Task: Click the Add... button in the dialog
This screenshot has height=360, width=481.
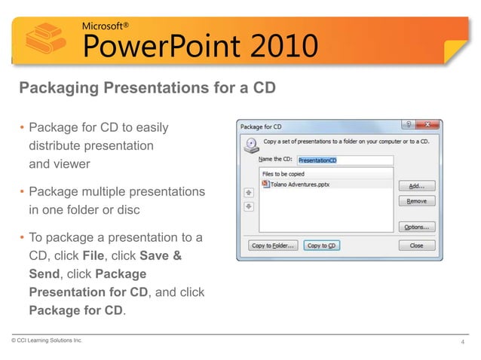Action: pos(416,186)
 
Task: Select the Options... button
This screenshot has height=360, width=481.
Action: pos(416,227)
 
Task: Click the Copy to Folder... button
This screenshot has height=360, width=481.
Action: pos(272,246)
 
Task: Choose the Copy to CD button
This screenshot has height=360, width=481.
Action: pos(321,246)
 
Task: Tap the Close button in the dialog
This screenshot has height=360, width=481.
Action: pos(416,246)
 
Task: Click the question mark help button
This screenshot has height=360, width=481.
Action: pos(407,126)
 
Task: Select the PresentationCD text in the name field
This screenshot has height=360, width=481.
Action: pos(318,160)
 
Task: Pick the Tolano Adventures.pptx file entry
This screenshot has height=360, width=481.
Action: pos(299,184)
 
